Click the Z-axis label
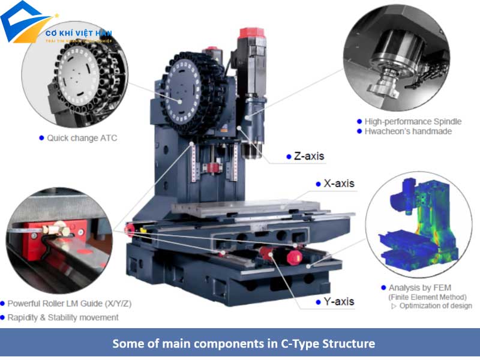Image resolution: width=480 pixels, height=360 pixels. (x=309, y=157)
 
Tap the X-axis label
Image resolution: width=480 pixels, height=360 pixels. (x=339, y=184)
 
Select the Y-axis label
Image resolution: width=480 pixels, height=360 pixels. (x=339, y=302)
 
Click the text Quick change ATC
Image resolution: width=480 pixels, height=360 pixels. (x=82, y=138)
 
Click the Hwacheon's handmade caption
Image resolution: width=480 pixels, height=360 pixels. (x=408, y=131)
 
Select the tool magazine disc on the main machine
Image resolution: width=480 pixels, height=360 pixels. (x=183, y=94)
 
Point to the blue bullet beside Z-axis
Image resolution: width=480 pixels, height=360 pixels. (x=289, y=157)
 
